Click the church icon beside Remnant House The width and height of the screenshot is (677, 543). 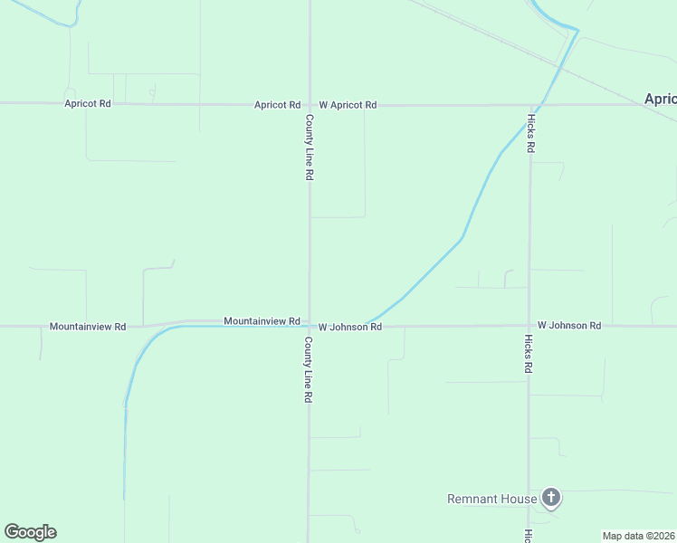551,497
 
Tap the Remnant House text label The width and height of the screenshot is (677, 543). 492,499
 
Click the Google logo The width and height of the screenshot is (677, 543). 30,532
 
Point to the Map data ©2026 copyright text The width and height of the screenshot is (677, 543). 638,536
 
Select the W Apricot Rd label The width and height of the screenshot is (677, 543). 347,105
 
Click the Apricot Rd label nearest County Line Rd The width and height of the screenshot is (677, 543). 277,105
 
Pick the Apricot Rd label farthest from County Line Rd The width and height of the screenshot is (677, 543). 88,104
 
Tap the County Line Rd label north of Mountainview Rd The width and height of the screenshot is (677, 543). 309,147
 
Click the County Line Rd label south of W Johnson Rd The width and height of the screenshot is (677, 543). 309,370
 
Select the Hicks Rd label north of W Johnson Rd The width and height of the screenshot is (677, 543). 530,133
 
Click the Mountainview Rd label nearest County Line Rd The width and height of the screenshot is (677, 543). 262,321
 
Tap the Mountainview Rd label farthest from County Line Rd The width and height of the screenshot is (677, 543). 88,326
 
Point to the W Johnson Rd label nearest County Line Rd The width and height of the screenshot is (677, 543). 349,327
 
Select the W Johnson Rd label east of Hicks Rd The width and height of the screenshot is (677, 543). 569,325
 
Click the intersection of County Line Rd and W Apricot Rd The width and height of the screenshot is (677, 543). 310,105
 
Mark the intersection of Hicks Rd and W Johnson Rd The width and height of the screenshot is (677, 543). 529,326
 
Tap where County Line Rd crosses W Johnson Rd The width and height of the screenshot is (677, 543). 310,326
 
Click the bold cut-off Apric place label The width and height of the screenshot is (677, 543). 660,99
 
